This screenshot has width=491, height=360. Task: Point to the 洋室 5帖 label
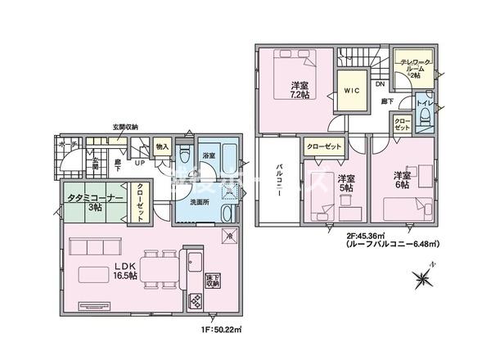click(x=345, y=183)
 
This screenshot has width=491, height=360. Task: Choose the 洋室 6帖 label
click(x=400, y=180)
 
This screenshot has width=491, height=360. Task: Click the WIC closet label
click(x=353, y=91)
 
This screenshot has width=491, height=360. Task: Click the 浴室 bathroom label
click(x=208, y=155)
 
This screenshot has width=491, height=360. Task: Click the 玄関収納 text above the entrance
click(x=125, y=127)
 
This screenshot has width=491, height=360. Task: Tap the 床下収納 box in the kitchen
click(x=212, y=279)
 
